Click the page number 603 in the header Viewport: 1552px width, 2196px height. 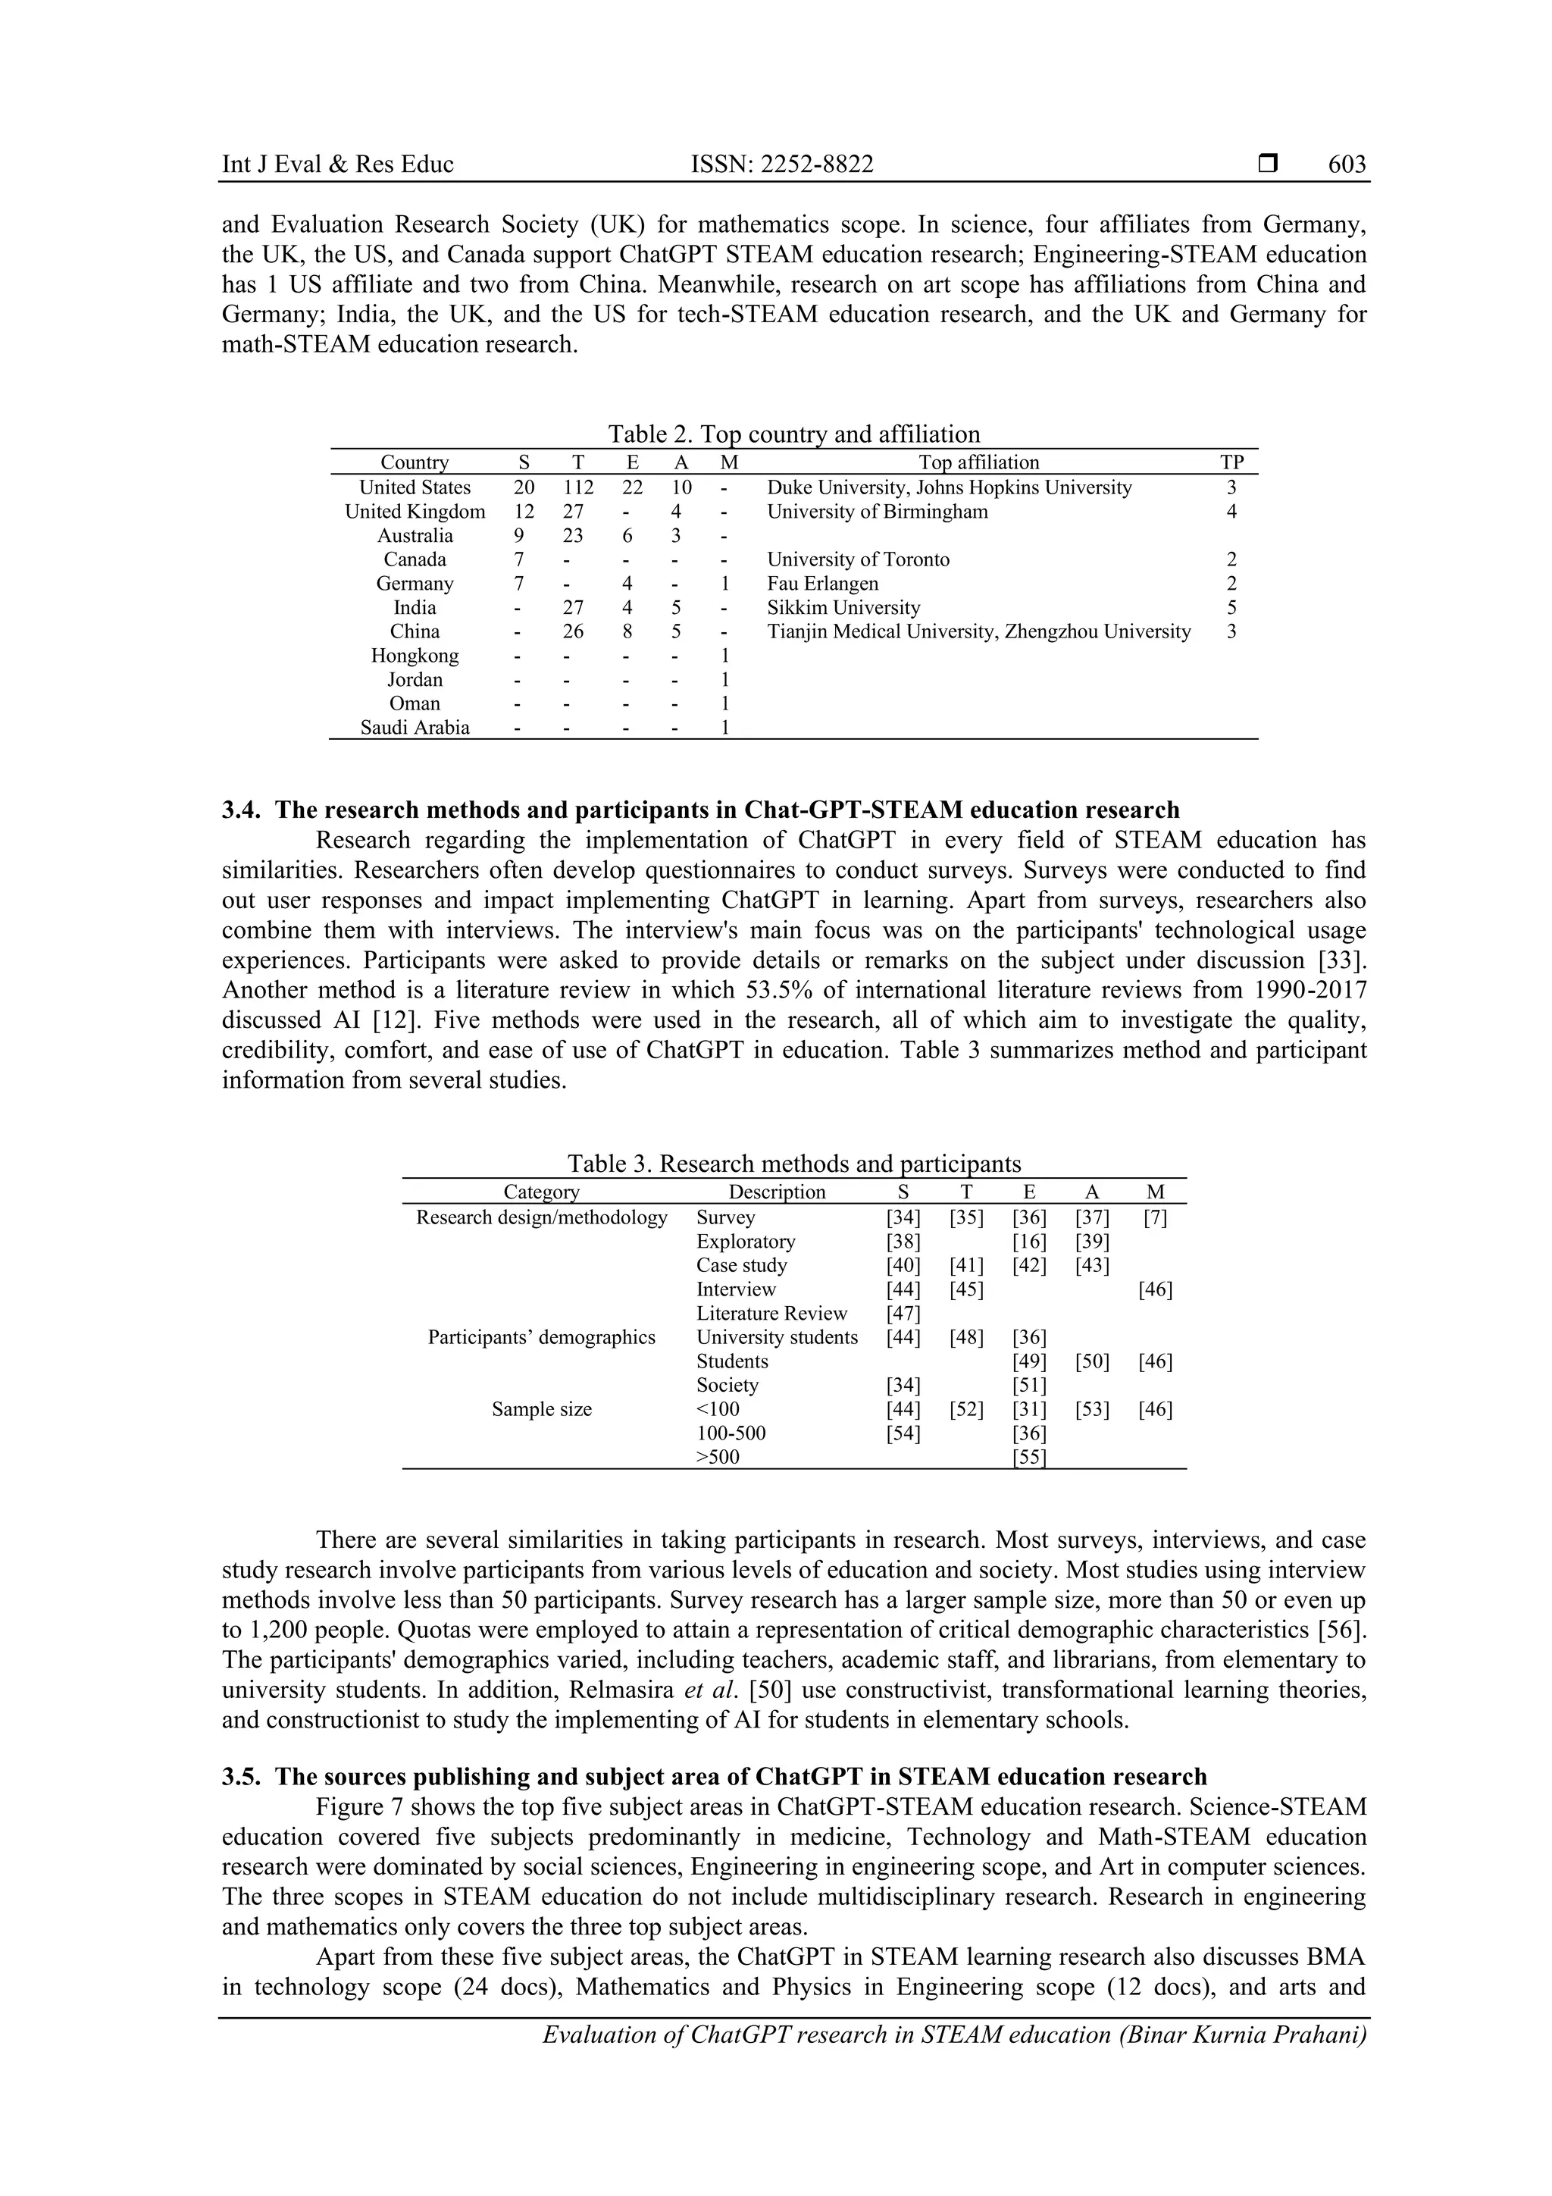click(1347, 164)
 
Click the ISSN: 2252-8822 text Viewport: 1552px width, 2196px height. click(781, 164)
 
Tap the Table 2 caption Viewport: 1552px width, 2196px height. click(793, 434)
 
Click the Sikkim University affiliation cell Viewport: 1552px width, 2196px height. click(843, 607)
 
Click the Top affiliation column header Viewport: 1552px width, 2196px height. click(978, 463)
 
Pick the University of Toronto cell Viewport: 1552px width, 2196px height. click(858, 559)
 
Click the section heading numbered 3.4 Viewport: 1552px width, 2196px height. click(700, 810)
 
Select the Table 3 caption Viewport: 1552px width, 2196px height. click(793, 1164)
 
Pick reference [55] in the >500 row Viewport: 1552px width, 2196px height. click(1029, 1457)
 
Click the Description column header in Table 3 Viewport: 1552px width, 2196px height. click(777, 1192)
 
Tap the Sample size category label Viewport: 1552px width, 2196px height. click(541, 1409)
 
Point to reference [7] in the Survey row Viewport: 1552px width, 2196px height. click(1155, 1217)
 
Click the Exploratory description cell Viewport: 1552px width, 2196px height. click(745, 1242)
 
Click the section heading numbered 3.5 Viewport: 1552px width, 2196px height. click(715, 1777)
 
